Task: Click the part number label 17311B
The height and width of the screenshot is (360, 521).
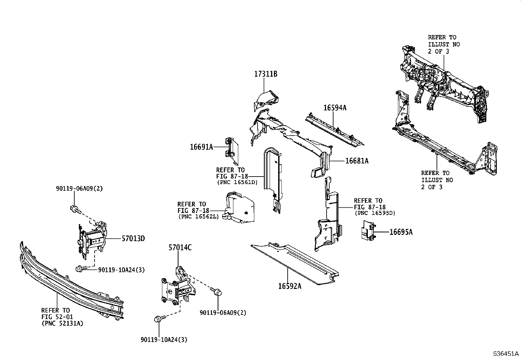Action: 265,74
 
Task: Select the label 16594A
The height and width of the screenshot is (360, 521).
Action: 334,107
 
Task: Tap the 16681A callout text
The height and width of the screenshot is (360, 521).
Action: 357,161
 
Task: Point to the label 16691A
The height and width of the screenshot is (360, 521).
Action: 201,147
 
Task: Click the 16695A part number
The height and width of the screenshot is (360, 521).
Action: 401,232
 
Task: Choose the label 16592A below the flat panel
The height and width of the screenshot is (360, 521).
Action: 290,286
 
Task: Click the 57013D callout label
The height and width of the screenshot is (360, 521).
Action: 133,238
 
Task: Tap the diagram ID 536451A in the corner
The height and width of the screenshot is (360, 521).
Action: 506,354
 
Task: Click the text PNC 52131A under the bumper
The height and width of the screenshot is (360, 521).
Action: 62,323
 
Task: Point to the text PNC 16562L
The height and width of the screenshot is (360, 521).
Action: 198,217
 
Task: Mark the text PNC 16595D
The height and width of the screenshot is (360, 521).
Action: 375,213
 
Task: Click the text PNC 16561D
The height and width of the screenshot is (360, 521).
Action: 237,182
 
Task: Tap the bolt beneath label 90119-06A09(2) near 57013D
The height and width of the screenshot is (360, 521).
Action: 74,209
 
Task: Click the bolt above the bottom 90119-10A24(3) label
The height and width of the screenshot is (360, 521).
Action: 158,319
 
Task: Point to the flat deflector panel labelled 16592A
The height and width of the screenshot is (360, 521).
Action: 295,264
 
